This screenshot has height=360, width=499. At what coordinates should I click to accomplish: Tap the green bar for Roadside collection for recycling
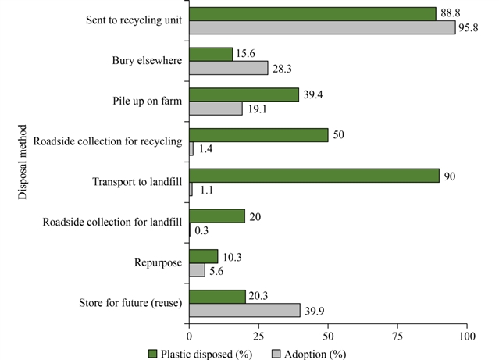point(258,135)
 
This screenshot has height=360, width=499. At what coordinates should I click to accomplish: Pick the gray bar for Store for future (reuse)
point(244,310)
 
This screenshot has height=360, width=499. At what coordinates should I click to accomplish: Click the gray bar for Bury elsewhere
point(229,68)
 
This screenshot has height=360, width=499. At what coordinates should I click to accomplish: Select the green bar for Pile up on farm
point(244,94)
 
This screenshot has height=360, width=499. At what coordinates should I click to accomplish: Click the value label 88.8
point(448,13)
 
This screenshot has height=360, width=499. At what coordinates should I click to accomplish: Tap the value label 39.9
point(312,311)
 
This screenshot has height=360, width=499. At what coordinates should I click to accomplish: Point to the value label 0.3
point(201,230)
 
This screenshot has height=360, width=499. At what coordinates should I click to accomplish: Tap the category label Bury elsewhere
point(148,59)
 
